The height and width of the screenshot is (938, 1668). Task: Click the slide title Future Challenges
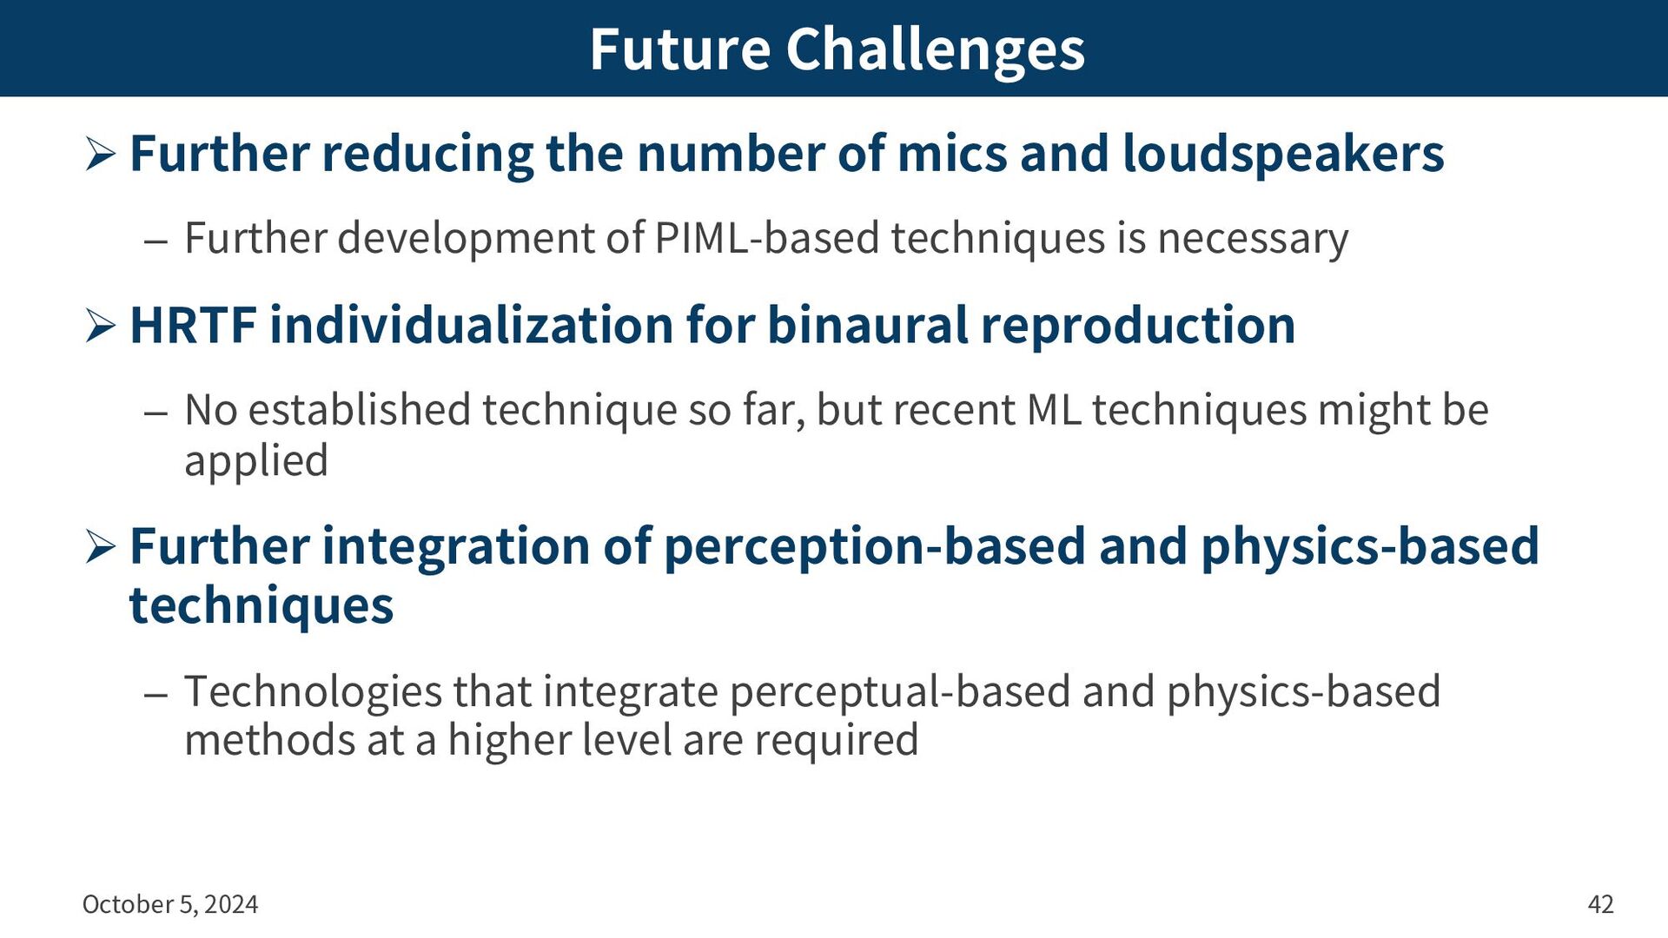click(837, 50)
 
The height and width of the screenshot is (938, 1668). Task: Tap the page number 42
click(1600, 904)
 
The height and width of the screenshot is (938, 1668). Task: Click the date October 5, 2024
click(170, 904)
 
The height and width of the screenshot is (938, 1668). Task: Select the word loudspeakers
click(1283, 155)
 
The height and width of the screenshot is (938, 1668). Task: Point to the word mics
click(952, 154)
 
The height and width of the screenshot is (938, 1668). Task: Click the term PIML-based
click(767, 238)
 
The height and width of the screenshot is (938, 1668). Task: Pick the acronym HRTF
click(193, 326)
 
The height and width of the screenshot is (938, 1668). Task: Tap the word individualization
click(472, 326)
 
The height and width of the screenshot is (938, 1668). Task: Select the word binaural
click(869, 326)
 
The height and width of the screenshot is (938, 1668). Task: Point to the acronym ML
click(1054, 410)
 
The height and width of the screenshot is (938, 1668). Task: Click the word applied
click(256, 461)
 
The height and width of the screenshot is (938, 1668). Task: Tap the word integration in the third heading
click(456, 548)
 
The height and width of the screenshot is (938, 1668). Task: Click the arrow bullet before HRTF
click(101, 327)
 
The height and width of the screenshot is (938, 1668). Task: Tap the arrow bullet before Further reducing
click(101, 155)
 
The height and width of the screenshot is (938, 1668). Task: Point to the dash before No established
click(156, 413)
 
